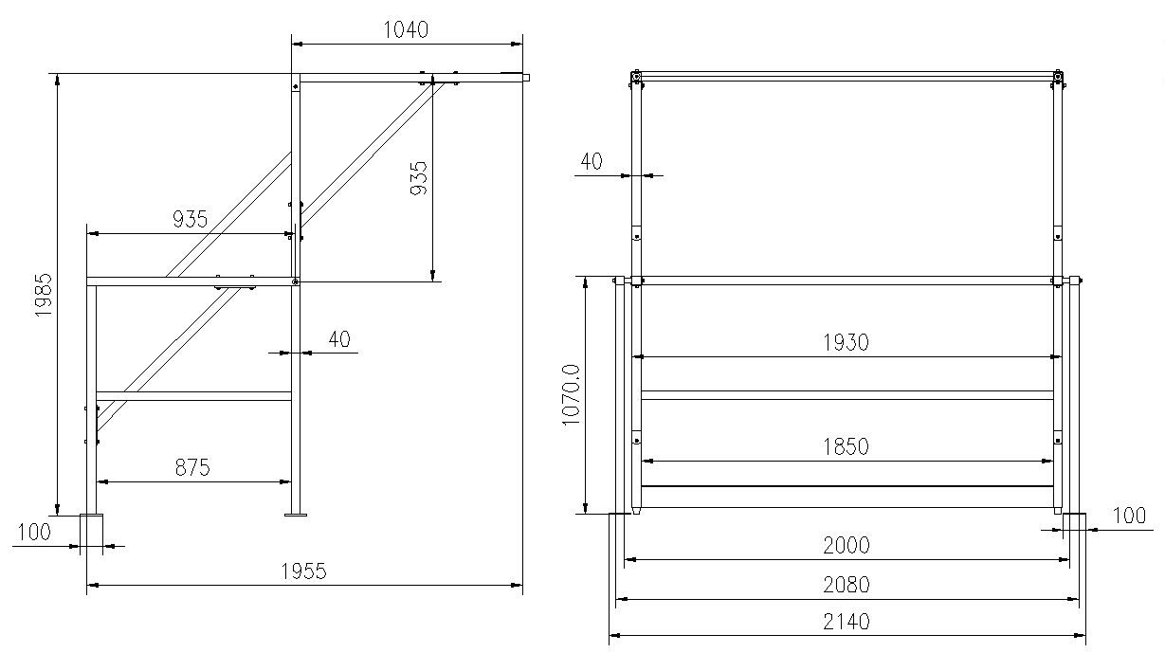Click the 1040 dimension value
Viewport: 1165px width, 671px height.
tap(405, 29)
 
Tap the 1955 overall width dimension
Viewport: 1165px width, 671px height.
tap(303, 571)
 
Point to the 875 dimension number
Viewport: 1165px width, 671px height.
tap(192, 467)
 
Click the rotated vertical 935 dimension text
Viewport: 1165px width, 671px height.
tap(418, 178)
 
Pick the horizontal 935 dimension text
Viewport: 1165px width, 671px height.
tap(190, 220)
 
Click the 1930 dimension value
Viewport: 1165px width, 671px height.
tap(846, 342)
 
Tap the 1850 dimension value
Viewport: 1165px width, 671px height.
tap(846, 446)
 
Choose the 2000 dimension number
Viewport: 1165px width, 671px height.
tap(846, 545)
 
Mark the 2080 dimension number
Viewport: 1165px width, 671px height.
tap(846, 585)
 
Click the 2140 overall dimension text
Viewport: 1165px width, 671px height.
tap(846, 623)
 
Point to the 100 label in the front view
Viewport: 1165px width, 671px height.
tap(1128, 516)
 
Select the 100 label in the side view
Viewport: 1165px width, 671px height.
tap(34, 532)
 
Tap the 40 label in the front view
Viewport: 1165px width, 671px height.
tap(592, 162)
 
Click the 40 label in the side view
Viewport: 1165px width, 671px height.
tap(338, 338)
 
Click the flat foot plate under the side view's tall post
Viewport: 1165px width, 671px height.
tap(296, 516)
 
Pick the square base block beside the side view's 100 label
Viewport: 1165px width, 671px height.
tap(91, 532)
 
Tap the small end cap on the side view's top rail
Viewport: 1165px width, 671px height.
tap(526, 78)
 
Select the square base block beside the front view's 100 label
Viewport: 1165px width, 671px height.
tap(1074, 526)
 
